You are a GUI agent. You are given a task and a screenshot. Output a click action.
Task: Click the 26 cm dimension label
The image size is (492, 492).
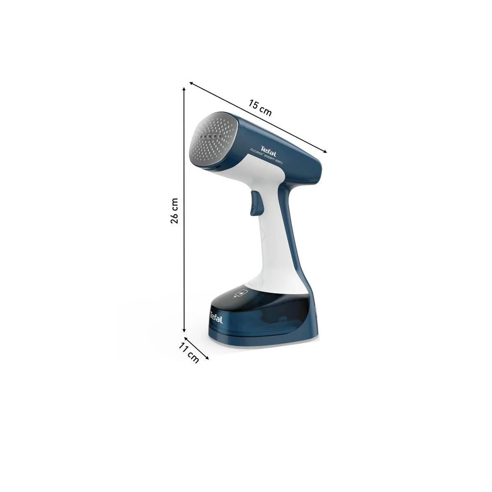(174, 210)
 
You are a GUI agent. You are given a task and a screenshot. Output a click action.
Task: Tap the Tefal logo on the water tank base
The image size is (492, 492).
(216, 317)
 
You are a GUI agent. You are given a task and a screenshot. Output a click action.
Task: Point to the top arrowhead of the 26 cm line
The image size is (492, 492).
(184, 89)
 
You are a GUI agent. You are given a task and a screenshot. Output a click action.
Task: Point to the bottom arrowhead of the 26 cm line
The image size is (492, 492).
(184, 330)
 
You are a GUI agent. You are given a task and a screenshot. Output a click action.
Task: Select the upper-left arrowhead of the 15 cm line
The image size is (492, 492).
(191, 83)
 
